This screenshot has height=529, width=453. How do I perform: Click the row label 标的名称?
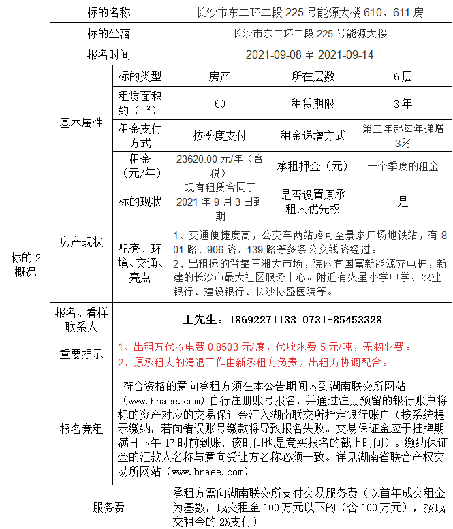tap(108, 12)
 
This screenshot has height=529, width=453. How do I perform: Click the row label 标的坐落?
tap(108, 33)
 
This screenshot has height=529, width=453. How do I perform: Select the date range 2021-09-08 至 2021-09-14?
tap(309, 54)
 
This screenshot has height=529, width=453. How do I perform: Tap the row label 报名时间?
tap(108, 54)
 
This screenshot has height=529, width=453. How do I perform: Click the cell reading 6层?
tap(403, 76)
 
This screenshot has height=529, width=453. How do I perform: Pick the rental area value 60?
tap(219, 103)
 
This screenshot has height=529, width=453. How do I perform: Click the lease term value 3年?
tap(403, 103)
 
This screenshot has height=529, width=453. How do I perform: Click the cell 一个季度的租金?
tap(403, 165)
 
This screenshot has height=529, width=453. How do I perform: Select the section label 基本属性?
tap(81, 123)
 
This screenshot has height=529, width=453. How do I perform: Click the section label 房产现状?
tap(81, 242)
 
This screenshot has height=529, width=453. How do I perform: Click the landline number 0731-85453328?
tap(342, 319)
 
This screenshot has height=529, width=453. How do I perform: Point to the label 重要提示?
tap(81, 354)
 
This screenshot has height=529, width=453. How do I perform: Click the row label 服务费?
tap(108, 507)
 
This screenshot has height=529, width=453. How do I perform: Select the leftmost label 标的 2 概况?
tap(25, 264)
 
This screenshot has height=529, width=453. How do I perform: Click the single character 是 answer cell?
tap(403, 202)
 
